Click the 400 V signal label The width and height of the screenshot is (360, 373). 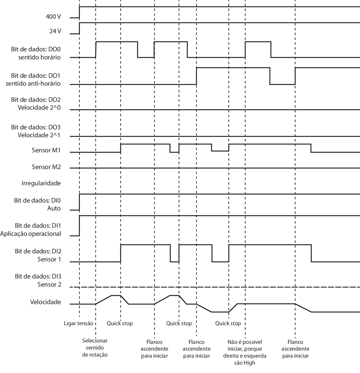[53, 17]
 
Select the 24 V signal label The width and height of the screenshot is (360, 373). [55, 31]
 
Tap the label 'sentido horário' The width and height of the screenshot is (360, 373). [39, 58]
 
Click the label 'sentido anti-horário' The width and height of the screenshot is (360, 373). [33, 84]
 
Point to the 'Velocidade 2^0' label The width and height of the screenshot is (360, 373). [39, 107]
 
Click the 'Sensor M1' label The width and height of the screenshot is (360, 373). [46, 150]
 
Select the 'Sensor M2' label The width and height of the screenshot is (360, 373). [46, 167]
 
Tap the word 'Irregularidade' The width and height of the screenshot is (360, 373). [41, 183]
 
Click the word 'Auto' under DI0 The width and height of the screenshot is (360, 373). [54, 209]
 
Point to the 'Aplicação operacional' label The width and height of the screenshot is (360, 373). [30, 234]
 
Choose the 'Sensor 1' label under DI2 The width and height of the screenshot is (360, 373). [49, 260]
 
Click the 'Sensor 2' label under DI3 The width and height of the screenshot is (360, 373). [49, 285]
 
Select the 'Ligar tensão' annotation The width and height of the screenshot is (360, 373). [79, 323]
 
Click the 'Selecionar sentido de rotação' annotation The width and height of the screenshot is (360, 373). [95, 348]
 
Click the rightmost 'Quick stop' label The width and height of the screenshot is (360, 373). [228, 323]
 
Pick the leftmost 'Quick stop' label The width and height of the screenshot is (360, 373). [120, 323]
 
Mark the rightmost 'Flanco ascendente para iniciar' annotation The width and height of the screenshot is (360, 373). [296, 349]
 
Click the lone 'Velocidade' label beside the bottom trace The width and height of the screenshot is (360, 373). [45, 302]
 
